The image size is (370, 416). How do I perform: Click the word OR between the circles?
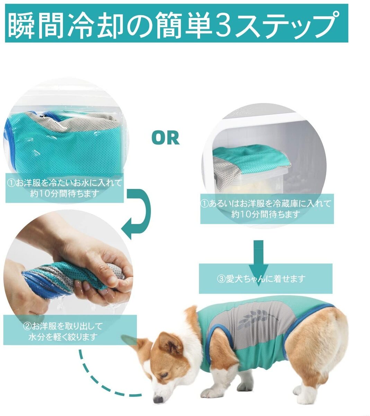point(166,138)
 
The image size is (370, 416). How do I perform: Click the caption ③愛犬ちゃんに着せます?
point(265,279)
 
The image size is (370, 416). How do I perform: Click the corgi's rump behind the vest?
point(322,333)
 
